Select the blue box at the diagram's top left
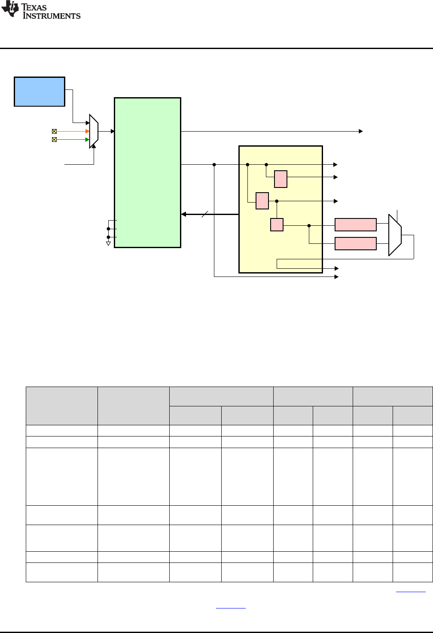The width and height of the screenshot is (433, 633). [40, 92]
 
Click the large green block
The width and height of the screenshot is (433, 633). [147, 172]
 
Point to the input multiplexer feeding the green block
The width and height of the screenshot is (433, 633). [94, 131]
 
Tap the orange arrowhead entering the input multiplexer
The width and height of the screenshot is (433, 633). [88, 131]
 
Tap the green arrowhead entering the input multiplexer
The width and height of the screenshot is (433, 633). [88, 140]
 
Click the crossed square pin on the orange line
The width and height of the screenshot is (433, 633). [55, 131]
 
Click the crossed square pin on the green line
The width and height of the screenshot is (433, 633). [55, 140]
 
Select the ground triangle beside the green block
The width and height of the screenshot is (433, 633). [108, 244]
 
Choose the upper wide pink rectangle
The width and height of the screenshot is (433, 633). [356, 225]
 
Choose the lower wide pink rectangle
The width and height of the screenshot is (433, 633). [356, 243]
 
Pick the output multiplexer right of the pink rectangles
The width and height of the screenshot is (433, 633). [395, 235]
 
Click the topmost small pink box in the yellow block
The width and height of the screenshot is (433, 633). [281, 179]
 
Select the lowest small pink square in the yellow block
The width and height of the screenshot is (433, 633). [277, 225]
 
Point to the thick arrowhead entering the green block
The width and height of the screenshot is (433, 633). [183, 214]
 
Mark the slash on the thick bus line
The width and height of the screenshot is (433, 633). [205, 214]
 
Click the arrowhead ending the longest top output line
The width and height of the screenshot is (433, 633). [361, 131]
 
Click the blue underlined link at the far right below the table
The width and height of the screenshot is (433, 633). [411, 592]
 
